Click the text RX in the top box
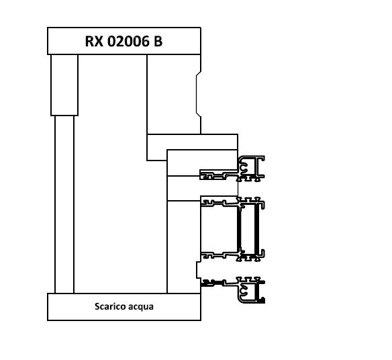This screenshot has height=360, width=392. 94,41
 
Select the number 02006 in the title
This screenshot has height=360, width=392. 128,41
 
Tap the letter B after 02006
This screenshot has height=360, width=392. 158,41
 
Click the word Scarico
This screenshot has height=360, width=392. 108,306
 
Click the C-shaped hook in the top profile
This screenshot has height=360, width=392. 244,167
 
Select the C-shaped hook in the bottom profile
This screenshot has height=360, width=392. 244,289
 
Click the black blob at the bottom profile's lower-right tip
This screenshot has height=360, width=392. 262,300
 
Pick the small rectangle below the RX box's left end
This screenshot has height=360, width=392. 64,85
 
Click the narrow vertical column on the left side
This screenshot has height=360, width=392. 64,204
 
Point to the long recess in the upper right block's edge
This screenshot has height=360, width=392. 198,94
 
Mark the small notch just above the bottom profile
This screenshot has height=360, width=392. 199,270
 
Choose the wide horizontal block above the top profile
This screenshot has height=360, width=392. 192,142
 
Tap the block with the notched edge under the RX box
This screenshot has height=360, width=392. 174,94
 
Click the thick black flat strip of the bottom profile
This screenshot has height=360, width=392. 212,283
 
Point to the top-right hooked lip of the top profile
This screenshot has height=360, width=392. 262,159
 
